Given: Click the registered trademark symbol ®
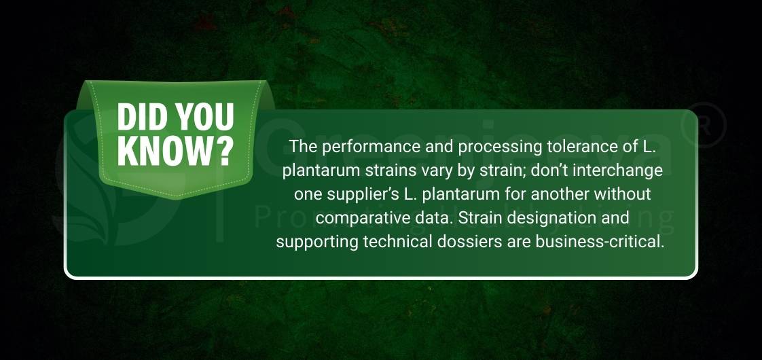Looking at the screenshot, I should click(x=700, y=125).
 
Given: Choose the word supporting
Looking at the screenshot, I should click(x=313, y=242).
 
